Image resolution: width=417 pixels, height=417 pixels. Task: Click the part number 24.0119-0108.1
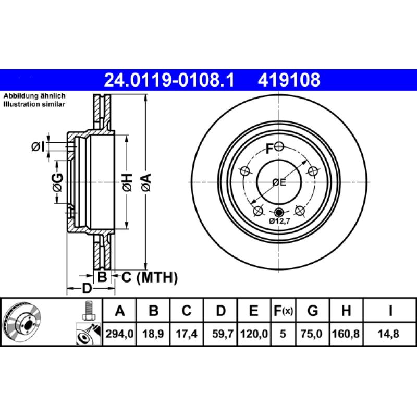169,80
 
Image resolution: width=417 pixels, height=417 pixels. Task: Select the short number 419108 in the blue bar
288,80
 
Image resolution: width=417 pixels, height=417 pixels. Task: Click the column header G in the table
312,312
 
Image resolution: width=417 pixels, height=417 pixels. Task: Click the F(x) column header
284,312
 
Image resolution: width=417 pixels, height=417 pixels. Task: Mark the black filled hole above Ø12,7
279,212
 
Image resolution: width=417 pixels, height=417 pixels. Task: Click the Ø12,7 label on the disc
279,221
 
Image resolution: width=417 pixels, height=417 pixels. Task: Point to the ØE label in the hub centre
279,182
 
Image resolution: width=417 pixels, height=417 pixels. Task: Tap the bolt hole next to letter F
279,146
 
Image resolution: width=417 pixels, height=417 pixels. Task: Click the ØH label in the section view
127,181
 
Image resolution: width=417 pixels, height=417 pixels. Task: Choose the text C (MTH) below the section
150,277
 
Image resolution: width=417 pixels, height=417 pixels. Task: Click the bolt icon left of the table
88,312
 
